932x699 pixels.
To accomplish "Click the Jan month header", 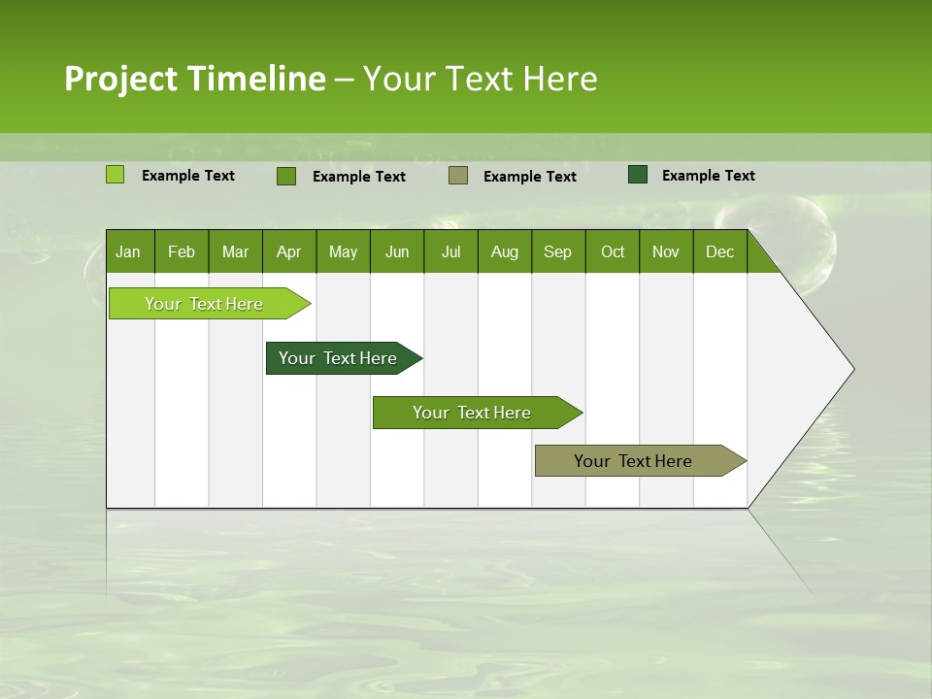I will click(x=128, y=252).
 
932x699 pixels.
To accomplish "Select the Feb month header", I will click(x=182, y=252).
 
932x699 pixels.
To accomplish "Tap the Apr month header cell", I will click(x=288, y=252).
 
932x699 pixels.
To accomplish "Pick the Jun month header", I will click(x=397, y=252).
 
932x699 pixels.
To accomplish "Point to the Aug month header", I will click(x=504, y=252).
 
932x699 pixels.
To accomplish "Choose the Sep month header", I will click(x=557, y=252).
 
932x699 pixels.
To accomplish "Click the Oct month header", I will click(x=613, y=252).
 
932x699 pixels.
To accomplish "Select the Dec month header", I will click(x=719, y=252).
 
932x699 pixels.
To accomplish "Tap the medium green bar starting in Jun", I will click(x=473, y=413).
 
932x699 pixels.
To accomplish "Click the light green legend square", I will click(x=115, y=175).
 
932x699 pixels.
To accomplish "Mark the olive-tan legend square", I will click(x=458, y=176).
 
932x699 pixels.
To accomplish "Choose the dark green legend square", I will click(x=638, y=175).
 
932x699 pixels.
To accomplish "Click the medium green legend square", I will click(x=285, y=176).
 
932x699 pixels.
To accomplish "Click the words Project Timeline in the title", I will click(x=194, y=79).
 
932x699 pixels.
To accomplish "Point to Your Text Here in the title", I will click(x=480, y=79).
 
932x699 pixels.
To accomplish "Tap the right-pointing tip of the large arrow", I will click(x=850, y=368).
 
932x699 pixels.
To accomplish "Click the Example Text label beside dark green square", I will click(x=708, y=176).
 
